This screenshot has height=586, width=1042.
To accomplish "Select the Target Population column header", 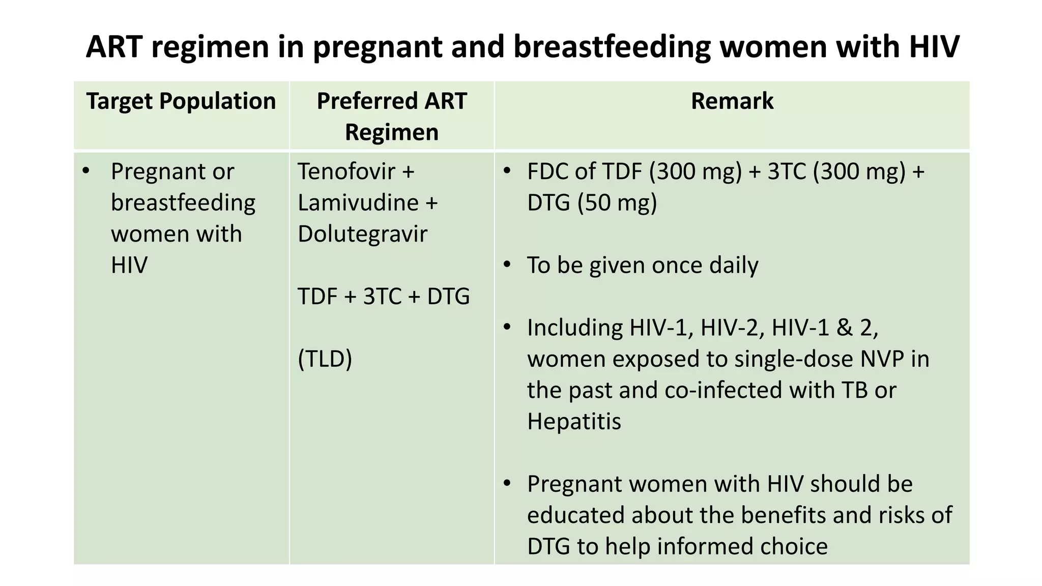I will (181, 101).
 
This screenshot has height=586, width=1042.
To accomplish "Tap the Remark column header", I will (732, 101).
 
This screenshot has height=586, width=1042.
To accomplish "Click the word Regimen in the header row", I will (392, 132).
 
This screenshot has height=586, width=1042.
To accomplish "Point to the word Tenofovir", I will (346, 171).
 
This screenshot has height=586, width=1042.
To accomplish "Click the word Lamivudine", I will (358, 203).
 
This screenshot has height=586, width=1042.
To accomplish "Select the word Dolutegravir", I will (362, 234).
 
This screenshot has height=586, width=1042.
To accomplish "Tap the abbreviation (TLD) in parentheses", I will (325, 359).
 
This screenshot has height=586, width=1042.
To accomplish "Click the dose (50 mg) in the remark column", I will (617, 203).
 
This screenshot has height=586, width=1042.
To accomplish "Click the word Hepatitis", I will (574, 422).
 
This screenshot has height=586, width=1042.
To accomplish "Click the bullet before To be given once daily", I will (507, 265).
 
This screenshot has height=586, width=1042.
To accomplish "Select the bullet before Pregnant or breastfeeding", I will (85, 171).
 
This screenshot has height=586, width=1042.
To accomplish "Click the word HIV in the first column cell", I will (129, 266).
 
